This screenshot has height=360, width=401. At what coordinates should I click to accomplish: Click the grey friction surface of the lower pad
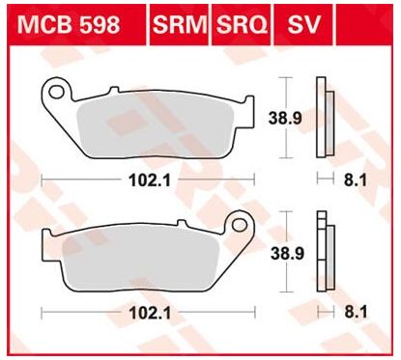click(145, 259)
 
